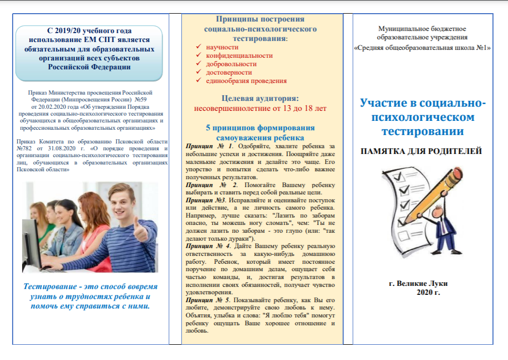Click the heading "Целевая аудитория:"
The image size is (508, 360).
260,98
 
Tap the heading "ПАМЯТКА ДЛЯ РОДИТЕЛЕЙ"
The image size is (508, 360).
421,151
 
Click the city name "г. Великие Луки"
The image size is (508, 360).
419,284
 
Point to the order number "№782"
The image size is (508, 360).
25,149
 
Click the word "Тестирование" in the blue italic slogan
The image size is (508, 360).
50,287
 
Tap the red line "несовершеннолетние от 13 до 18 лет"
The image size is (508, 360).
260,108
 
